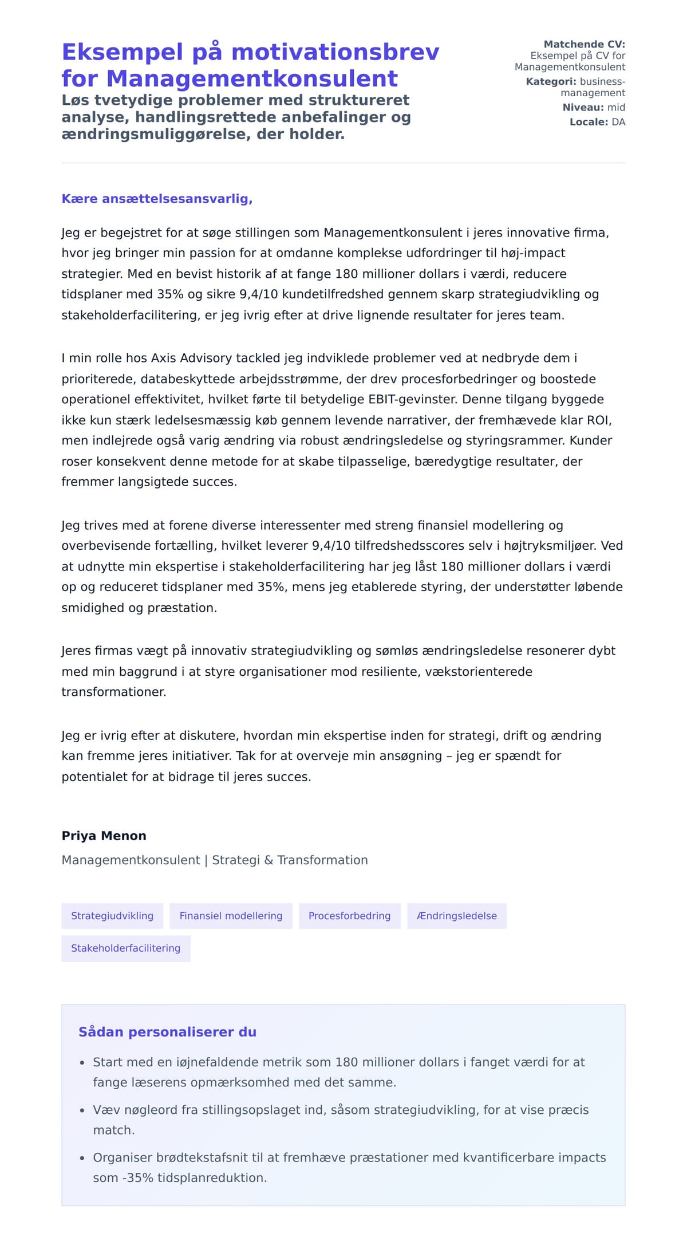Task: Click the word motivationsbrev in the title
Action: point(335,52)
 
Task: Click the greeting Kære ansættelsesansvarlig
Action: point(157,199)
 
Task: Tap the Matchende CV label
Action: point(584,44)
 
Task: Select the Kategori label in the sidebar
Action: point(551,81)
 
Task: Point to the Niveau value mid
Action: point(616,107)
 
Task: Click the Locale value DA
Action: point(618,122)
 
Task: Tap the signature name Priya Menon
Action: point(104,836)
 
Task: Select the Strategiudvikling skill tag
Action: point(112,916)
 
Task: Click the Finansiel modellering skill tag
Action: point(231,916)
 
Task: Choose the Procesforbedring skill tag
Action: point(349,916)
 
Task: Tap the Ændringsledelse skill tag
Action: point(457,916)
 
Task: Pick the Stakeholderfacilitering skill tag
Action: point(125,948)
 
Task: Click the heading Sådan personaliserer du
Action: point(167,1032)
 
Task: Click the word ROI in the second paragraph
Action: point(598,420)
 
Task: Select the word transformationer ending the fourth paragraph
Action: point(113,692)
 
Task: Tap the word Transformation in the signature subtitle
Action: point(322,860)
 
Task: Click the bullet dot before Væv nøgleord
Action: point(82,1110)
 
